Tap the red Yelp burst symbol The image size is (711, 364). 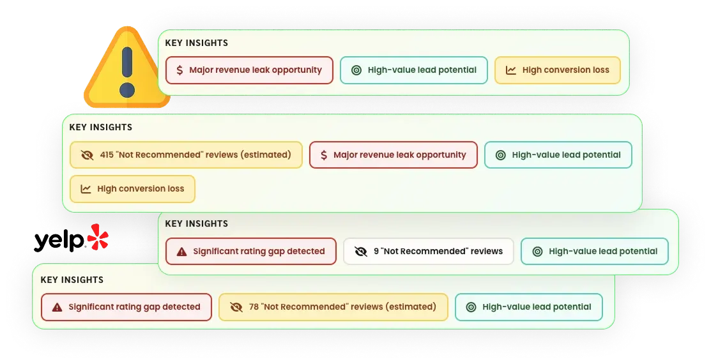click(98, 237)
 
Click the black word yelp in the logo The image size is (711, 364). click(59, 241)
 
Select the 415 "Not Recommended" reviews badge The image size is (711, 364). click(186, 155)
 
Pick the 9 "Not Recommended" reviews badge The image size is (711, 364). click(429, 252)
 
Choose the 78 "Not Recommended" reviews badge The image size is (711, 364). click(333, 307)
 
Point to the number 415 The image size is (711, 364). click(107, 155)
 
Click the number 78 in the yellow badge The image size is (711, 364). click(254, 307)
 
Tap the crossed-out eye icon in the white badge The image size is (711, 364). click(361, 252)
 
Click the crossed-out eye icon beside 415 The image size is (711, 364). click(87, 155)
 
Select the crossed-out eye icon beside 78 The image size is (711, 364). click(236, 307)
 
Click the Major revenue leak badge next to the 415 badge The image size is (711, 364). click(394, 155)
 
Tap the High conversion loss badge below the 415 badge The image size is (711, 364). click(132, 189)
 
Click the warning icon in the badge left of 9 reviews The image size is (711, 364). click(182, 252)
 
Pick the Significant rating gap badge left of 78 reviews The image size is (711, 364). click(126, 307)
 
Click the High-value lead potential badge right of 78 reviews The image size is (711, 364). click(529, 307)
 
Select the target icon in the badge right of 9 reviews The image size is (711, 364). click(537, 252)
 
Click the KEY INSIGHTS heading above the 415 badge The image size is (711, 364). click(101, 127)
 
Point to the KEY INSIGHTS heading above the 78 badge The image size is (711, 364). click(72, 280)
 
